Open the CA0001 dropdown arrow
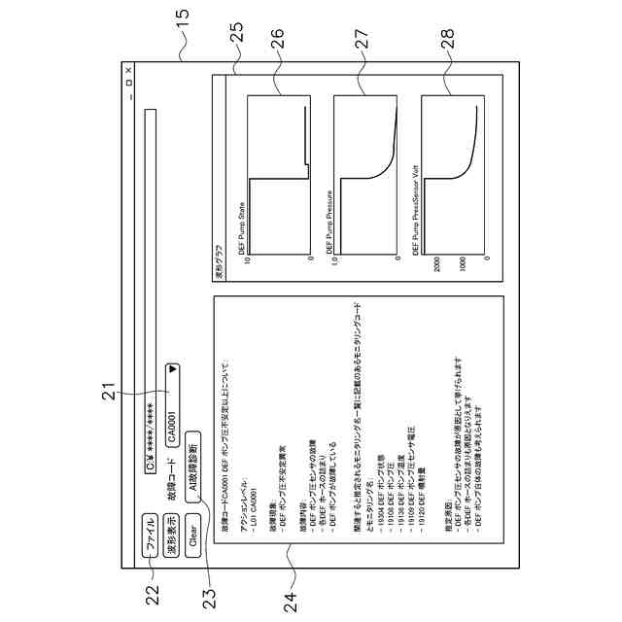173,370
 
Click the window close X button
127,71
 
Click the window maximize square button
127,86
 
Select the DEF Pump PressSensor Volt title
416,214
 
